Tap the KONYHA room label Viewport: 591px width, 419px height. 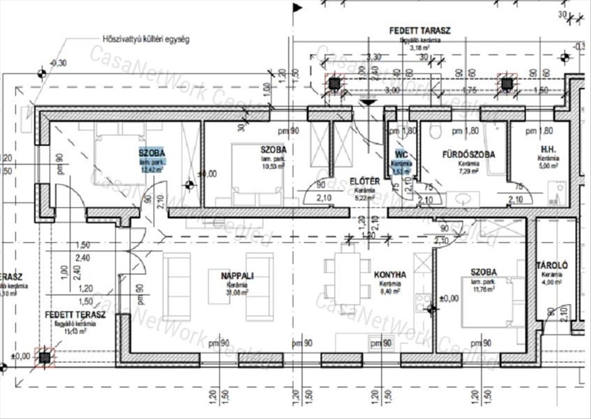click(x=390, y=275)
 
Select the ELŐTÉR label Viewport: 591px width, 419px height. click(x=365, y=181)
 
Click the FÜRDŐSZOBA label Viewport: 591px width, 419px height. click(x=468, y=155)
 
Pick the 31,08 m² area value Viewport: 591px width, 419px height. click(x=237, y=291)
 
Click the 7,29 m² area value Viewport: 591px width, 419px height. click(x=468, y=171)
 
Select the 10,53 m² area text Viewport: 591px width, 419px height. click(x=274, y=166)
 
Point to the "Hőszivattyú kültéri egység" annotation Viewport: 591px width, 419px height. click(x=146, y=39)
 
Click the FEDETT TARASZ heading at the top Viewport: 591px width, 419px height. click(x=420, y=31)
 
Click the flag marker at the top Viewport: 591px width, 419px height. click(x=297, y=7)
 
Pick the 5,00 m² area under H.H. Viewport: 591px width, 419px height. click(x=548, y=166)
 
